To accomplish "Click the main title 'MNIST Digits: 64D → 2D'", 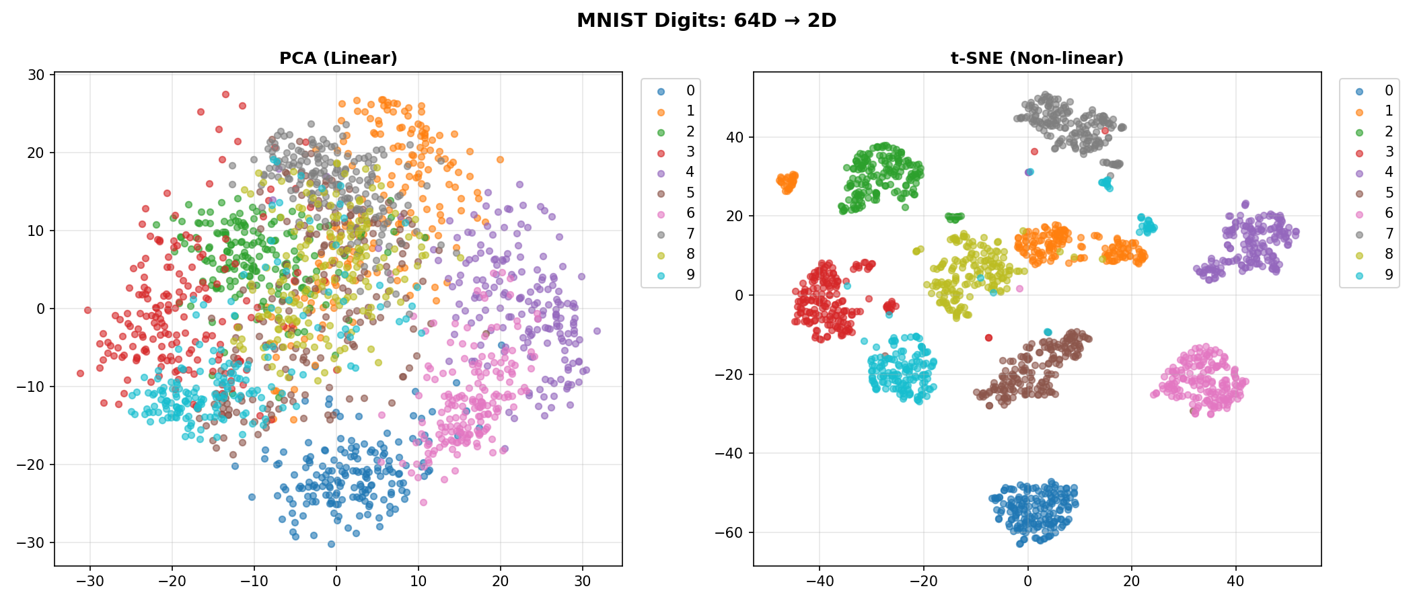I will [706, 21].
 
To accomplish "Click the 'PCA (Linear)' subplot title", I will [338, 58].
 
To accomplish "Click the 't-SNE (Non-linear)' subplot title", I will [1037, 58].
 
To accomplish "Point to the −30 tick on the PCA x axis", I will [90, 581].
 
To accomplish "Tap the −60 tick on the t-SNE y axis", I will [731, 532].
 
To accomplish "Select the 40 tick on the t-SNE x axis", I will [1235, 581].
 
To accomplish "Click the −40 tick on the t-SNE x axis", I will [820, 581].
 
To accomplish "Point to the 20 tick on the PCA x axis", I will [500, 581].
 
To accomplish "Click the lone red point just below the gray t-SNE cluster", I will [1034, 152].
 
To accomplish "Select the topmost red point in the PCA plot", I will [225, 94].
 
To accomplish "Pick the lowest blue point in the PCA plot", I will [331, 544].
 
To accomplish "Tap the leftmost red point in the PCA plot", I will [80, 373].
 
